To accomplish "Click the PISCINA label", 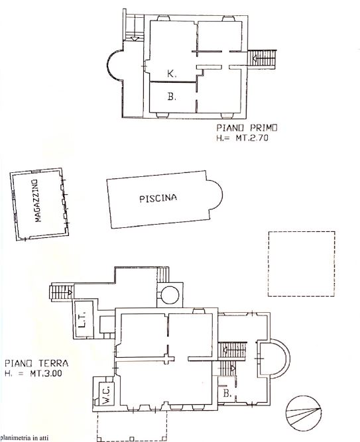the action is (x=158, y=198).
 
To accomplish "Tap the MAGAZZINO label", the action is (x=37, y=201).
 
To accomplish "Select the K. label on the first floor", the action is (x=172, y=74).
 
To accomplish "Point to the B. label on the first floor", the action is (x=172, y=96).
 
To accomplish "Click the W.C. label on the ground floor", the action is (x=107, y=395).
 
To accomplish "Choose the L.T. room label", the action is (x=82, y=320).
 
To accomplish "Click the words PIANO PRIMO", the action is (x=247, y=128).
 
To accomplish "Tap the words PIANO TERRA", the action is (x=36, y=362).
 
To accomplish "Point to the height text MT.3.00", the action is (x=46, y=374).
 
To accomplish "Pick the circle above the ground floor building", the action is (x=170, y=295).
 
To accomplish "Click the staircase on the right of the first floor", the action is (x=262, y=59).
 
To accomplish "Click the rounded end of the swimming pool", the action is (x=221, y=195).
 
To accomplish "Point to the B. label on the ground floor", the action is (x=227, y=393).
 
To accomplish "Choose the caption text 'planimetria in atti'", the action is (x=24, y=438).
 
